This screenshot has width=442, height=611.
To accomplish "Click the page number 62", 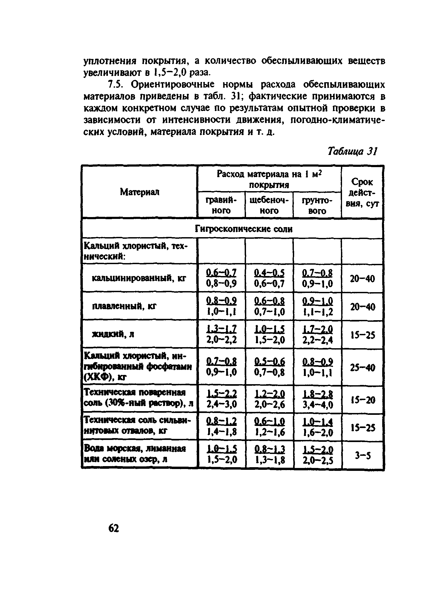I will (x=113, y=528).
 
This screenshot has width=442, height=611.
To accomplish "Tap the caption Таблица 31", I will (x=352, y=151).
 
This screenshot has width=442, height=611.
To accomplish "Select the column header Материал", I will (x=140, y=192).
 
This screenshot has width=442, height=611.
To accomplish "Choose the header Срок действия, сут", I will (x=362, y=192).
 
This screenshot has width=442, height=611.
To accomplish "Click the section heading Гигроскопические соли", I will (x=244, y=229).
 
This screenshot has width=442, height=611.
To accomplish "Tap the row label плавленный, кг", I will (x=125, y=307).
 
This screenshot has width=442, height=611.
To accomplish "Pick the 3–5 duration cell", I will (x=363, y=456).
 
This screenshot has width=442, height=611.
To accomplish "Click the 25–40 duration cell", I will (x=363, y=367).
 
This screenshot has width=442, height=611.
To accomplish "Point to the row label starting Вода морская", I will (x=135, y=454).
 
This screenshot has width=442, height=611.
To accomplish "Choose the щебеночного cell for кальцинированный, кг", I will (x=269, y=278).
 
